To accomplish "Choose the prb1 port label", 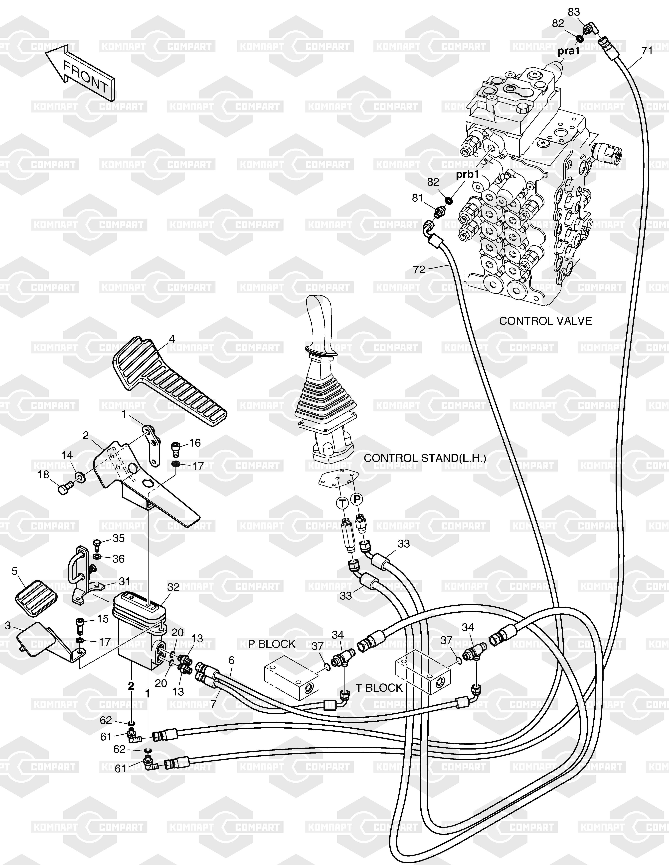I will click(x=468, y=175).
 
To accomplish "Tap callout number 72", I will click(x=419, y=270).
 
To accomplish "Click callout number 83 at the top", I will click(x=574, y=12).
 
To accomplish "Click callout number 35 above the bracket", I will click(x=119, y=538).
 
